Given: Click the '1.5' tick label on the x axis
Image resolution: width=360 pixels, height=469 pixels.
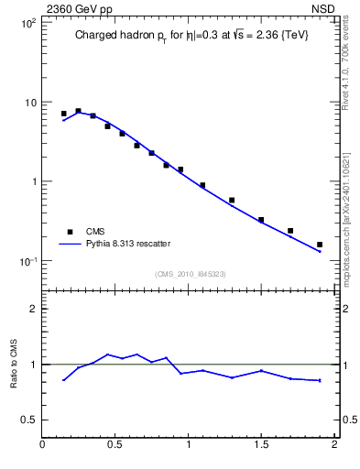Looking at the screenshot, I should [261, 445].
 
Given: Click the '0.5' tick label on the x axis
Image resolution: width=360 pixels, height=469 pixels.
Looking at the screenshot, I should [115, 445].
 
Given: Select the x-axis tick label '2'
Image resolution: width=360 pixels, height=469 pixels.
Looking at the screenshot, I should [334, 445].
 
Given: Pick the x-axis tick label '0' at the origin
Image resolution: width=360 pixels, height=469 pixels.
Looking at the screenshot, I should [43, 445].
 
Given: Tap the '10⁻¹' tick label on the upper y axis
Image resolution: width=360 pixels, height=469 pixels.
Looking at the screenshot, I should [27, 261].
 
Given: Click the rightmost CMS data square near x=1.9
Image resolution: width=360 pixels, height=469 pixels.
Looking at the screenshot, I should [320, 245].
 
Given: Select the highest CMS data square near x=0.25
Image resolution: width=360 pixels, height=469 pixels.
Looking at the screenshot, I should [78, 111].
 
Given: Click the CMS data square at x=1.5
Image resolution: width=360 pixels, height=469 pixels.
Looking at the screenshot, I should [261, 220].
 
